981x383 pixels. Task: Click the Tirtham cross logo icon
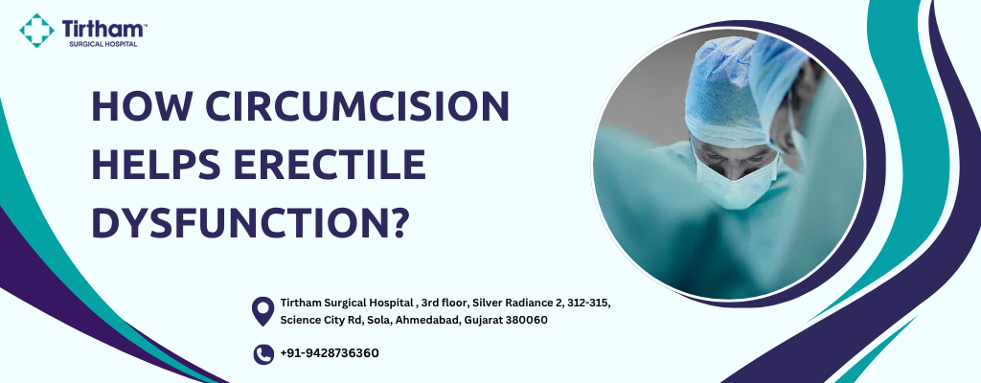click(37, 31)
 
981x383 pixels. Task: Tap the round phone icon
click(263, 354)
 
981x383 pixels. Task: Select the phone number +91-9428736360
click(330, 353)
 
